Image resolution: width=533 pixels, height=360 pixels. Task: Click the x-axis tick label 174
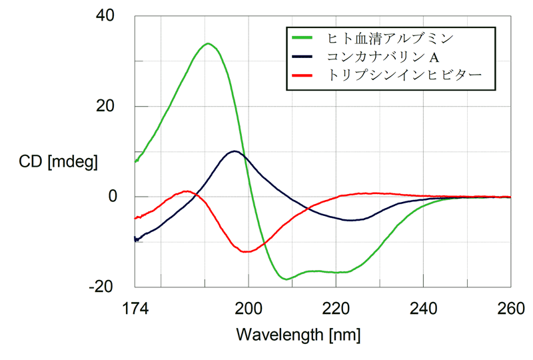135,309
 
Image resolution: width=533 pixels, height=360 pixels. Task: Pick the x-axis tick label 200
249,309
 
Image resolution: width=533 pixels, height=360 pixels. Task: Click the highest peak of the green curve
209,44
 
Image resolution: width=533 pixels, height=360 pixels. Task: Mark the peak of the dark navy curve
234,151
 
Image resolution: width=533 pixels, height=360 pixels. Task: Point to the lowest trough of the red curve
246,252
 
